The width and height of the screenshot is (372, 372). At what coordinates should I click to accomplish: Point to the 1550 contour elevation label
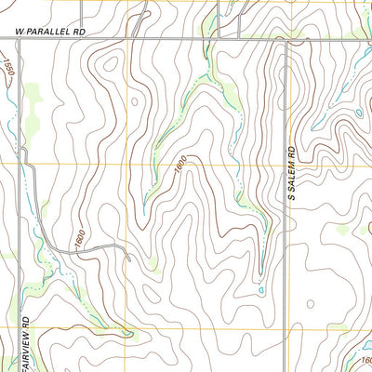[x=8, y=67]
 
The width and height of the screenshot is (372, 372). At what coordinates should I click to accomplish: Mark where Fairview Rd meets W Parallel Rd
[x=19, y=37]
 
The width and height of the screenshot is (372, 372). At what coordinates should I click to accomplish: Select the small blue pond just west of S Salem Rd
[x=261, y=291]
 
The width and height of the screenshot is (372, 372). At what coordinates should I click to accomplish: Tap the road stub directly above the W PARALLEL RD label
[x=81, y=14]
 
